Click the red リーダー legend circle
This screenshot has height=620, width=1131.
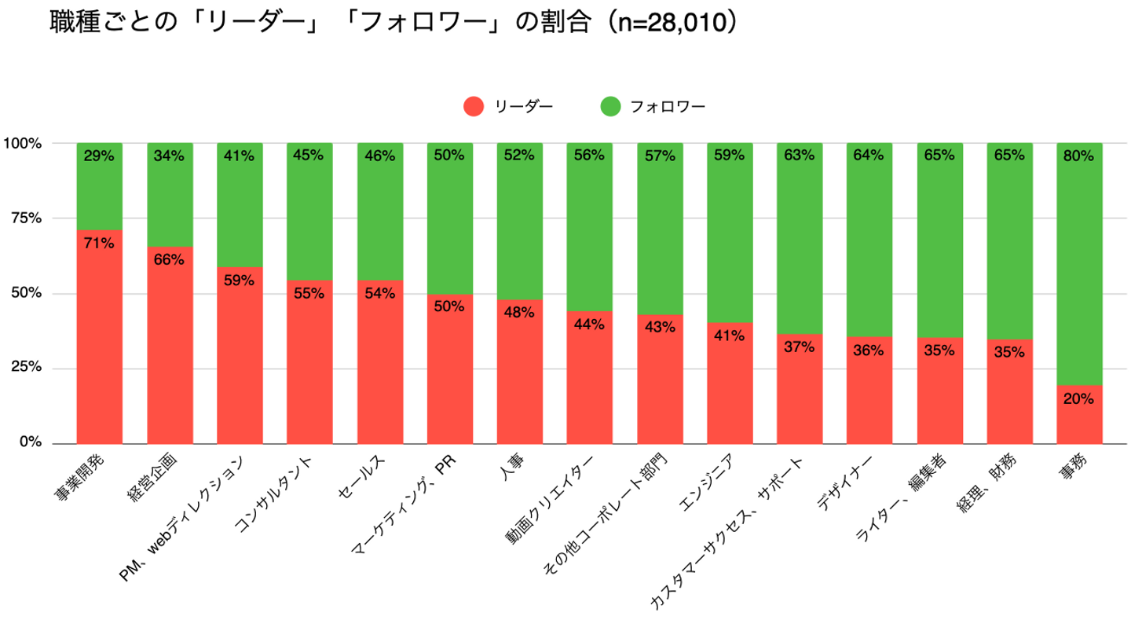pos(474,107)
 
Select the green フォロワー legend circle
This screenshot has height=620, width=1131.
pos(610,107)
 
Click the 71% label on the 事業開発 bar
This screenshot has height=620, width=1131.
pos(100,243)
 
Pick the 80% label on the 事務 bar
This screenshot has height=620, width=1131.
pos(1079,156)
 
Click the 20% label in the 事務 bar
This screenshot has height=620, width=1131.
pos(1079,398)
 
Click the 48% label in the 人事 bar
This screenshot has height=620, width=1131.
pos(520,312)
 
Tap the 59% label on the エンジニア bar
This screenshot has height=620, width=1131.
pos(730,156)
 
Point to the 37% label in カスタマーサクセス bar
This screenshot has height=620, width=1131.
pos(800,347)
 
